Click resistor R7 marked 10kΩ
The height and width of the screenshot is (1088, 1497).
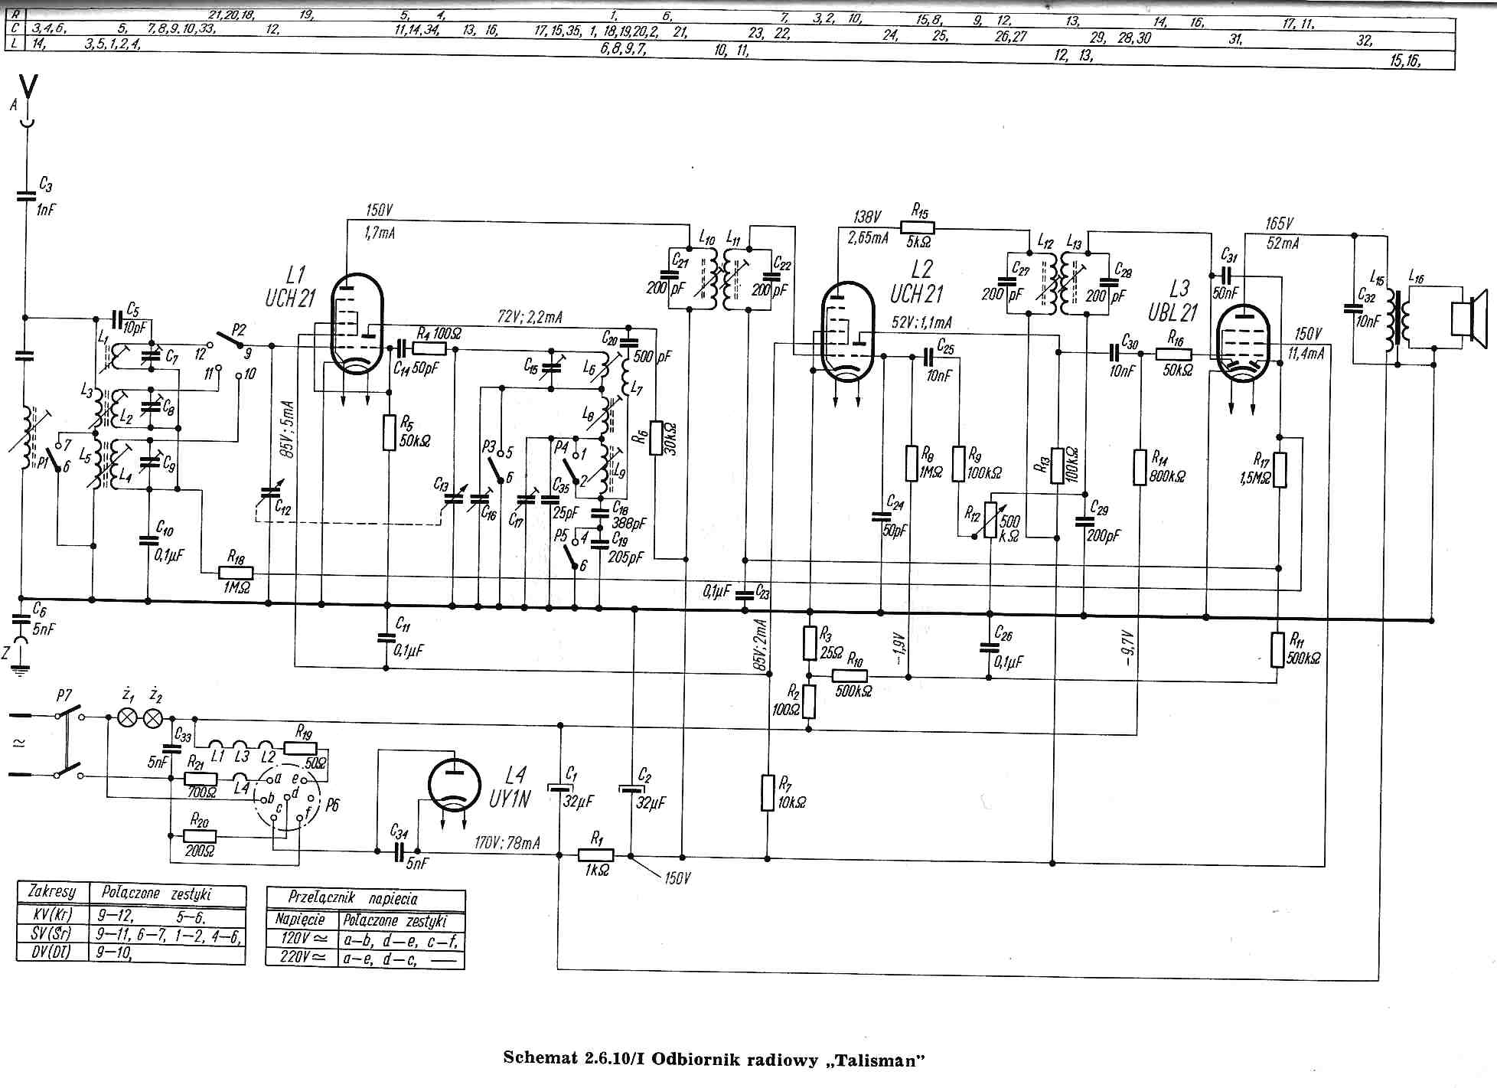point(768,792)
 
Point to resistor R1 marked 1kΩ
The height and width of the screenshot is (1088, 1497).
point(595,856)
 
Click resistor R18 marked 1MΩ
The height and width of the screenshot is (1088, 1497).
point(236,573)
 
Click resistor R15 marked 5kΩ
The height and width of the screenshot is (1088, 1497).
point(917,227)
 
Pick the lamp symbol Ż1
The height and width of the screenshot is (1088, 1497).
point(126,717)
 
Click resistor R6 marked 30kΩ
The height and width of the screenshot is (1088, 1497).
point(655,437)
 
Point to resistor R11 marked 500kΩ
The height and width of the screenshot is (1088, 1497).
point(1277,649)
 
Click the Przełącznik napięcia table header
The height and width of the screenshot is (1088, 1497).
point(364,898)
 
